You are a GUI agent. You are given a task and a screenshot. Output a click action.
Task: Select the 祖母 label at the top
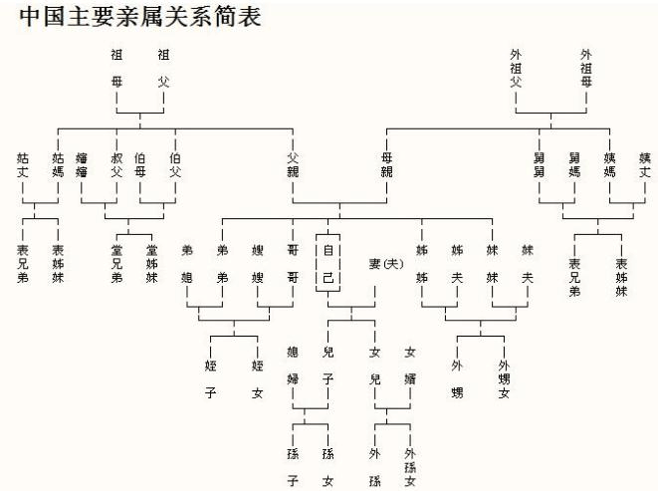click(x=116, y=68)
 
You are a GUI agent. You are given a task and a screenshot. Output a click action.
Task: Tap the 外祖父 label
click(x=515, y=68)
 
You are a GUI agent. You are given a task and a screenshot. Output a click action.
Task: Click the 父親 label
click(x=293, y=164)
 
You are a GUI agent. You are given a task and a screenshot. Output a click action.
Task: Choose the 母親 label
click(x=386, y=164)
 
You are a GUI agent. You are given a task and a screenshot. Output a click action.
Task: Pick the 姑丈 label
click(x=23, y=164)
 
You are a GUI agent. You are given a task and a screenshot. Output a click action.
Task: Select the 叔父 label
click(x=116, y=164)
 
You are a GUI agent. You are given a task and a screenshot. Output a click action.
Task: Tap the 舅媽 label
click(x=573, y=164)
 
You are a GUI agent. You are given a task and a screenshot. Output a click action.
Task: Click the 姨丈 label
click(x=644, y=164)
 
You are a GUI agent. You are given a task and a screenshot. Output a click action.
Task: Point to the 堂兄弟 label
click(x=116, y=264)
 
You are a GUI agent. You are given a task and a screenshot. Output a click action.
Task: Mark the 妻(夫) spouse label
click(x=386, y=264)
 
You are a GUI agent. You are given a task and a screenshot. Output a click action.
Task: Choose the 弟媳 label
click(x=187, y=264)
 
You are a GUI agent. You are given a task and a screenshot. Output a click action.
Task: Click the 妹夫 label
click(x=527, y=264)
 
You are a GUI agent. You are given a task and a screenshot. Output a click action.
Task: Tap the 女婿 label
click(x=410, y=366)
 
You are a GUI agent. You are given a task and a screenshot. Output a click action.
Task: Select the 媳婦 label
click(x=293, y=366)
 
